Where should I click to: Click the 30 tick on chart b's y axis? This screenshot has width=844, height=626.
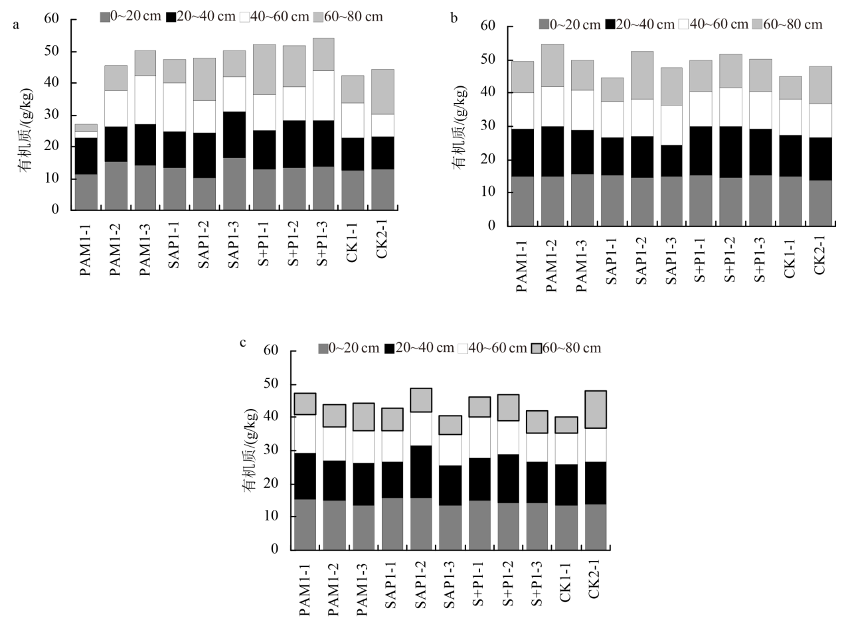(x=491, y=126)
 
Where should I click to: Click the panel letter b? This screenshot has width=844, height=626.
(x=454, y=19)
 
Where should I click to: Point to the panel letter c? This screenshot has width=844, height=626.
(x=243, y=343)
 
